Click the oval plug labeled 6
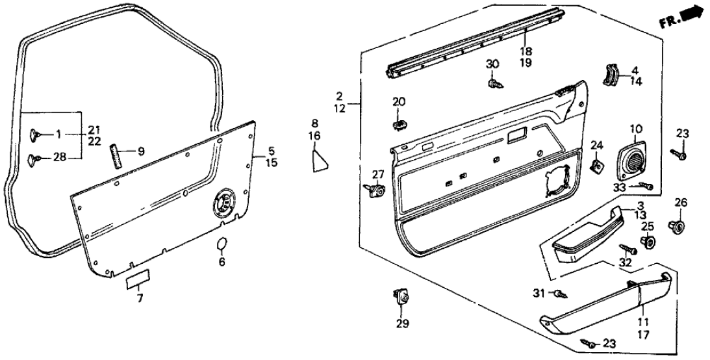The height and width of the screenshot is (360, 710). (x=222, y=244)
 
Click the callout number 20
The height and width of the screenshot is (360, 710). (x=398, y=101)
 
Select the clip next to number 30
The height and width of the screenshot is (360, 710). (x=492, y=83)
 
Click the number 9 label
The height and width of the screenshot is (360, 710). (x=141, y=152)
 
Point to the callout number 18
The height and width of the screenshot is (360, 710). (x=526, y=50)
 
